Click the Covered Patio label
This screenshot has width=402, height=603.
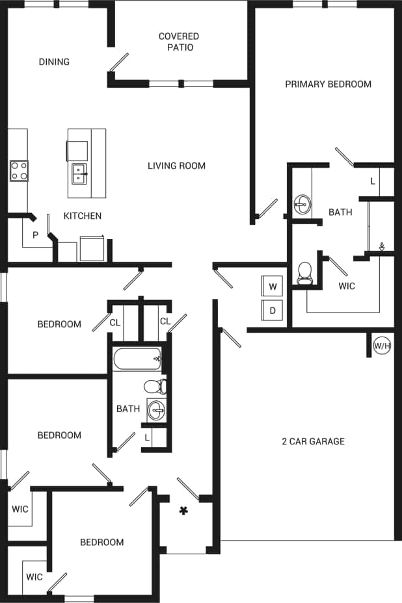point(179,42)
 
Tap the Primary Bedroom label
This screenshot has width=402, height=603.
point(328,84)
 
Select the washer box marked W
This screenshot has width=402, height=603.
point(273,287)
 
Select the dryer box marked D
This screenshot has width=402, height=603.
point(273,311)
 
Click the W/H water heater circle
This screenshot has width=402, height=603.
point(382,346)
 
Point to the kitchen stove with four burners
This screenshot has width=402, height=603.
point(19,171)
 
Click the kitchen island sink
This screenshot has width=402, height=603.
point(80,173)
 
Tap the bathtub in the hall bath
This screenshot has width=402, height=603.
point(137,359)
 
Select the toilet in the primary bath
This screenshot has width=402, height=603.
point(304,274)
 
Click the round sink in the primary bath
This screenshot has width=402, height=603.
point(302,204)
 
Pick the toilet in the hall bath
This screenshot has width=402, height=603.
point(155,387)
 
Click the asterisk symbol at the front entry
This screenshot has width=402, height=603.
point(183,511)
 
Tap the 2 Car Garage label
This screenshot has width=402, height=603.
point(313,441)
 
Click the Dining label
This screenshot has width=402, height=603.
point(54,62)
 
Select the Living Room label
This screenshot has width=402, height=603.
point(176,166)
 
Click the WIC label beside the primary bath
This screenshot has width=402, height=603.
point(347,286)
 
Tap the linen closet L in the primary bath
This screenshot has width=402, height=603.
point(373,181)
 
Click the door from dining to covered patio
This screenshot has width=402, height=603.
point(118,62)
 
